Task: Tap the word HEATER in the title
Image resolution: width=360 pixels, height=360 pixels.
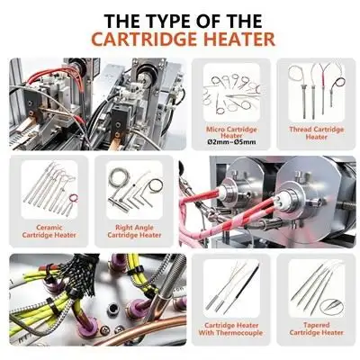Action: tap(238, 39)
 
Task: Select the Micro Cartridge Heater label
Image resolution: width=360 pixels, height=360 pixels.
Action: tap(231, 133)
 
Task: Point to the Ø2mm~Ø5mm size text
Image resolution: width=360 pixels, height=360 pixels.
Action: tap(231, 142)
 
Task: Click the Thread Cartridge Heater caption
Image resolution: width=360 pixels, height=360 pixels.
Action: tap(317, 133)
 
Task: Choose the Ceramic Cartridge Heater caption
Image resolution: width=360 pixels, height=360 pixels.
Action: tap(49, 231)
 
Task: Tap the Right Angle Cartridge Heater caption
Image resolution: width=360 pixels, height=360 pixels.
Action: tap(134, 231)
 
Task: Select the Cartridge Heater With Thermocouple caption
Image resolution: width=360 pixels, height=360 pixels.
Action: tap(230, 329)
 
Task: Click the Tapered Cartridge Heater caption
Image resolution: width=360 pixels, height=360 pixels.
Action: tap(316, 328)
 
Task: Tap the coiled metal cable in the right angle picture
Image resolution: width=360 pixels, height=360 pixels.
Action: tap(115, 180)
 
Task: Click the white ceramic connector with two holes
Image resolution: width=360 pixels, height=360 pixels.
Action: tap(279, 199)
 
